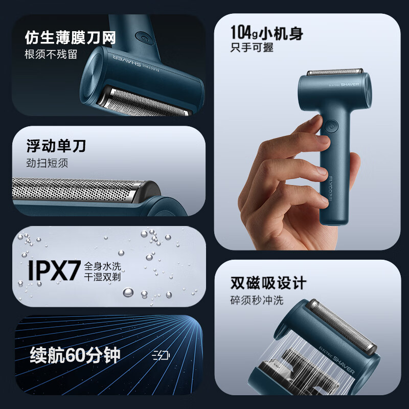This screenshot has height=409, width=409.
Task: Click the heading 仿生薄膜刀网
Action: pos(70,37)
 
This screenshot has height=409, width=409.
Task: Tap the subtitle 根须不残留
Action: pos(51,54)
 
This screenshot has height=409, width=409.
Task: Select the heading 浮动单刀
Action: pos(56,146)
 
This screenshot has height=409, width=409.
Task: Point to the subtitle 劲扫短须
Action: pos(47,163)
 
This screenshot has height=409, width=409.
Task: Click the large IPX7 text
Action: pos(54,271)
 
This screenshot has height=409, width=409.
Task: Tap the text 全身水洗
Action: pos(103,266)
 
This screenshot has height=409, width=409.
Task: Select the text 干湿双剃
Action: pos(103,277)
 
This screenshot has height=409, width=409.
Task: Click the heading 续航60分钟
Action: pos(75,355)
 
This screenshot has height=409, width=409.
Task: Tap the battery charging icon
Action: pos(161,355)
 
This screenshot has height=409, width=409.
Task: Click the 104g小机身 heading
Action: pos(267,33)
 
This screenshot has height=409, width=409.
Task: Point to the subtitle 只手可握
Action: pos(252,48)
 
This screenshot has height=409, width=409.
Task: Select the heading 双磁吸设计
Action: pos(268,283)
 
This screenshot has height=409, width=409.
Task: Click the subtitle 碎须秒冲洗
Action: pos(257,300)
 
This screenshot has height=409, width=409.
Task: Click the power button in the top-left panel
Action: pos(143,38)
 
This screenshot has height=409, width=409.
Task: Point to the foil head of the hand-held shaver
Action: pos(335,72)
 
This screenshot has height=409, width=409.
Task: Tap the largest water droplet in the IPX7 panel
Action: pos(128,292)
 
